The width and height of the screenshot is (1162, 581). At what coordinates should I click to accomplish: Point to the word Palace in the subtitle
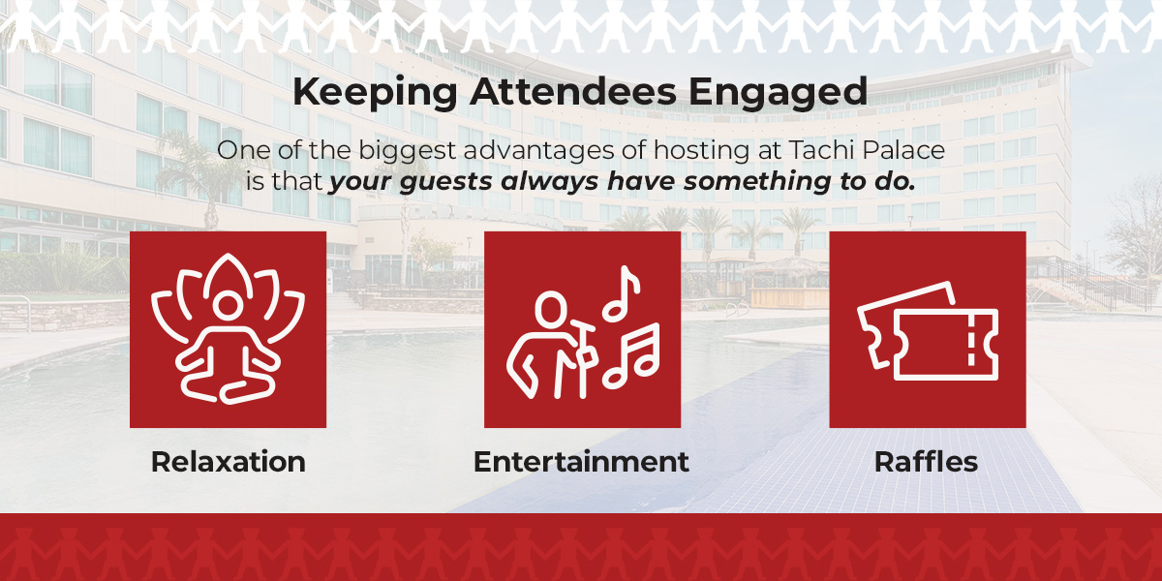[x=907, y=151]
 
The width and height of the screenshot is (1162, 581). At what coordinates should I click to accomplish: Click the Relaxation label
[x=228, y=462]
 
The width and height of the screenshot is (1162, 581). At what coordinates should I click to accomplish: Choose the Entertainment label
[x=581, y=462]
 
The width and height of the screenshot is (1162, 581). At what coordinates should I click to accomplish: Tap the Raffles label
[x=926, y=462]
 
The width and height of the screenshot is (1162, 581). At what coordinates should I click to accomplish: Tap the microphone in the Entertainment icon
[x=584, y=338]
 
